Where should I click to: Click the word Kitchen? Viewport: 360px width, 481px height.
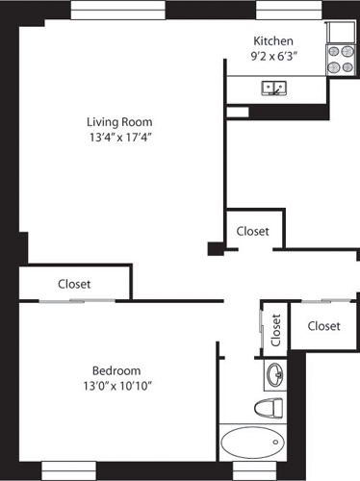click(272, 41)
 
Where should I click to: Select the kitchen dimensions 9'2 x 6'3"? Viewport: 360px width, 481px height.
click(272, 57)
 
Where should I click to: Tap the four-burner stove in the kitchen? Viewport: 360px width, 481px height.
click(340, 61)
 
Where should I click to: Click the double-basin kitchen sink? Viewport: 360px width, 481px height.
click(275, 89)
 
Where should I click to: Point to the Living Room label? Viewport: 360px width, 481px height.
click(119, 122)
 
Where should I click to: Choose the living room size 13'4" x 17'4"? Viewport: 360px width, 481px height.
click(119, 138)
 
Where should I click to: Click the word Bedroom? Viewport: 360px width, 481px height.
click(116, 371)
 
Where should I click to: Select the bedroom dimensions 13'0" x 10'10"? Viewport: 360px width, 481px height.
click(116, 387)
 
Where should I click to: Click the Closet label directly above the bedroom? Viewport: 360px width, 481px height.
click(74, 284)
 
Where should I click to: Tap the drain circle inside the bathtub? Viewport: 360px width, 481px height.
click(277, 444)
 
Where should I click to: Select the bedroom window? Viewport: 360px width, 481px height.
click(69, 470)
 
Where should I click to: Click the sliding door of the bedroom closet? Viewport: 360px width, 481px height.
click(74, 301)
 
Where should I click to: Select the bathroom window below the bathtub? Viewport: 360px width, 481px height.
click(252, 470)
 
